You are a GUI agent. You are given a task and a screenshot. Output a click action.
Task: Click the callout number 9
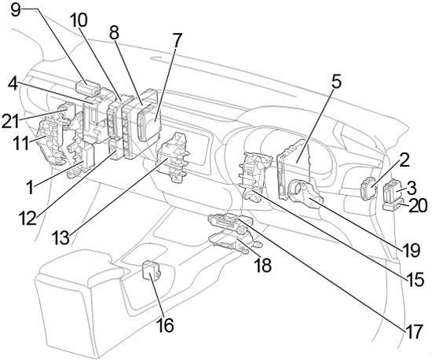coord(16,11)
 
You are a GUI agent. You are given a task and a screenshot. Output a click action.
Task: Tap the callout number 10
coord(79,20)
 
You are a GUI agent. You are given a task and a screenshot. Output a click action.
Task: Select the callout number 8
coord(114,33)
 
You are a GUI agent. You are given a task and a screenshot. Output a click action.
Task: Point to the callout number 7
coord(178,41)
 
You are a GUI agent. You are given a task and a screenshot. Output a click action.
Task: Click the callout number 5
coord(336,83)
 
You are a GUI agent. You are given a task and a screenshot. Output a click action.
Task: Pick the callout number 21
coord(10,121)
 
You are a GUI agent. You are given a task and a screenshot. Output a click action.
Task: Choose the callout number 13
coord(60,238)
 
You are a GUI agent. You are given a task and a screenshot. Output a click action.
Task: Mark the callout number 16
coord(165,325)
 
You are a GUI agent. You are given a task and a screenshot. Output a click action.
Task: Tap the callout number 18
coord(262,265)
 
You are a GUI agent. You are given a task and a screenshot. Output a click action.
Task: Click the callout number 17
coord(413,332)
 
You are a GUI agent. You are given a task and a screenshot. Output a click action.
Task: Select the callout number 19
coord(411,250)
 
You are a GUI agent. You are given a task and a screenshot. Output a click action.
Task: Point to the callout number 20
coord(418,206)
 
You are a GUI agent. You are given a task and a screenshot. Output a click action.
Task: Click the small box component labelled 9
coord(88,88)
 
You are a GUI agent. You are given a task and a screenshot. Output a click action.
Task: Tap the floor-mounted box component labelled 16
coord(151,270)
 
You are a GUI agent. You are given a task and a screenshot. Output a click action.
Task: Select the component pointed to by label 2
coord(368,189)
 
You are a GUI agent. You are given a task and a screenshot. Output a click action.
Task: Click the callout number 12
coord(27,218)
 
